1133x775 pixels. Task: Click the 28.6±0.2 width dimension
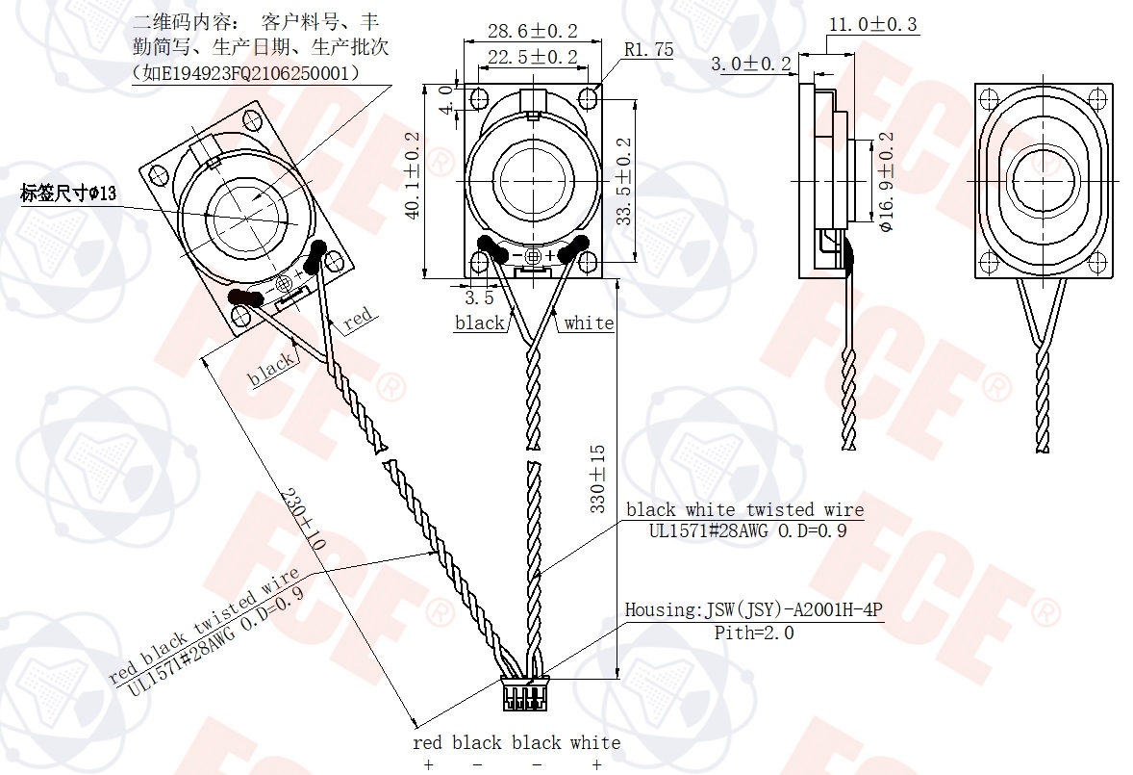point(533,31)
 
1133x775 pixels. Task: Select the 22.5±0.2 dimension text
point(533,57)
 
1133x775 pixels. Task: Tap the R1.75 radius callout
point(649,50)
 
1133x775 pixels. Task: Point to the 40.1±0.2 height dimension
point(413,175)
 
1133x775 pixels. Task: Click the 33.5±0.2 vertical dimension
point(623,181)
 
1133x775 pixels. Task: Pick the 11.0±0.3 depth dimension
point(873,25)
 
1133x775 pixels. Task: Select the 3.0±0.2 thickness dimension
point(751,64)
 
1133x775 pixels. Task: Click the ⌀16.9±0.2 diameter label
point(887,181)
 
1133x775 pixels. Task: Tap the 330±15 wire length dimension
point(597,478)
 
